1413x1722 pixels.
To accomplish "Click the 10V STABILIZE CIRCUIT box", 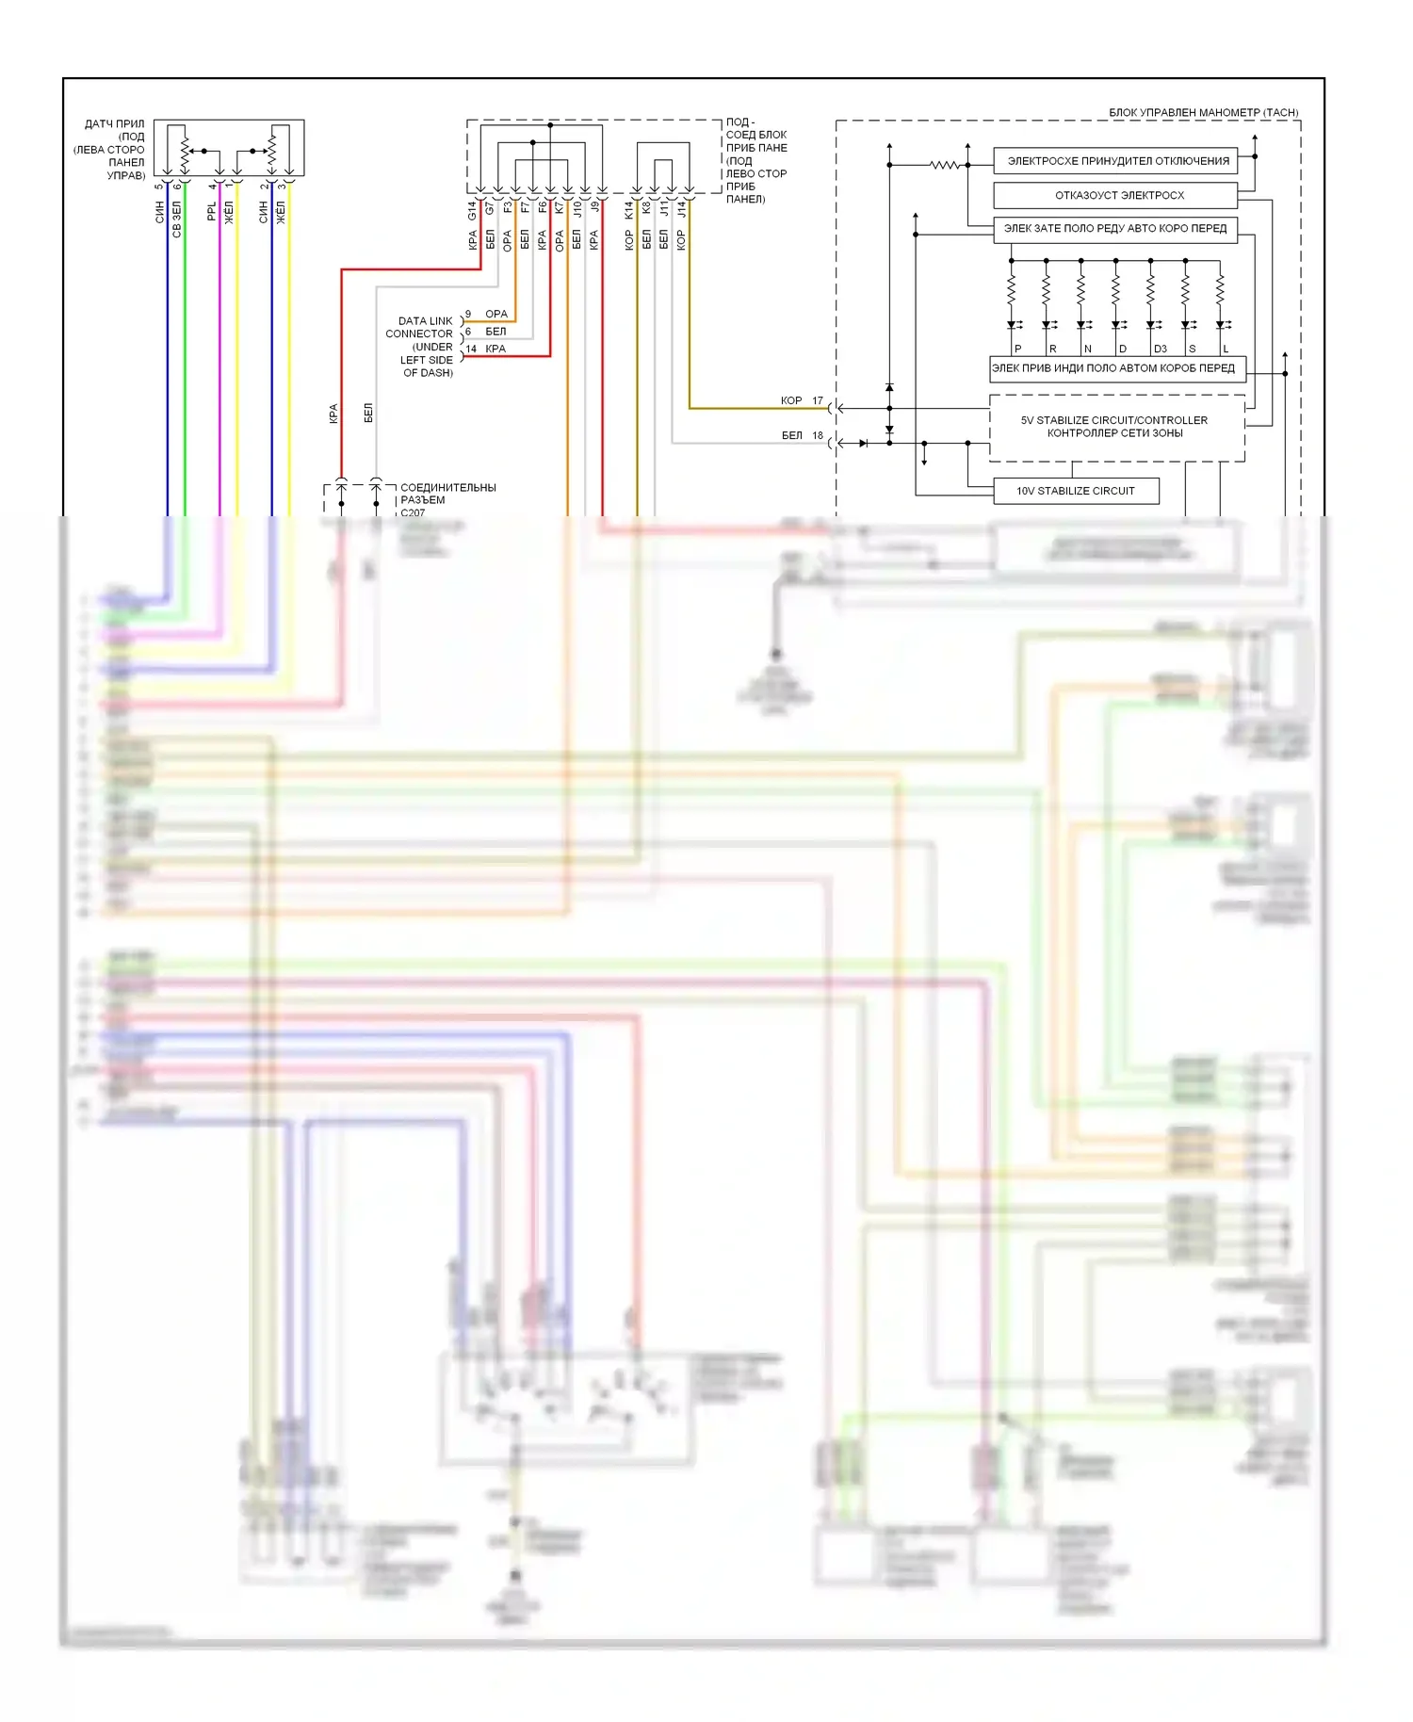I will coord(1075,491).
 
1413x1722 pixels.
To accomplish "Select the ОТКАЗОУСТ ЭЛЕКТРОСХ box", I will coord(1115,195).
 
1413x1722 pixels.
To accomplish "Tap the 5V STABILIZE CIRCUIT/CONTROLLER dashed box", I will coord(1115,427).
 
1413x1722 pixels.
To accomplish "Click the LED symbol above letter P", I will coord(1012,325).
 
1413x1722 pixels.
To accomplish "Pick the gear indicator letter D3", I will coord(1161,349).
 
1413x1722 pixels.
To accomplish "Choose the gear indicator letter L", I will coord(1226,349).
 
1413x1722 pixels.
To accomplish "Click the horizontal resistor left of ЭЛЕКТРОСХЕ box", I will coord(944,165).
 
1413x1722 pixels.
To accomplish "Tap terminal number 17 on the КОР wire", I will coord(818,400).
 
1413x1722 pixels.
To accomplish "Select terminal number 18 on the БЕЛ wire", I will coord(818,435).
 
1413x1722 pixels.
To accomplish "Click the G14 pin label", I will coord(473,210).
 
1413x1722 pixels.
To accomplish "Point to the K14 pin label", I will coord(629,210).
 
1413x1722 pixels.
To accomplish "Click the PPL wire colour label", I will coord(212,211).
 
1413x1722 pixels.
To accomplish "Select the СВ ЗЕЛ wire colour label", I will coord(177,219).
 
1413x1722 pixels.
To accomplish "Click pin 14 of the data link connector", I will coord(471,349).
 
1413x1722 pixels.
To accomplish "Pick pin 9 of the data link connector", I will coord(468,314).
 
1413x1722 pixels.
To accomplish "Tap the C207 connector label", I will coord(413,513).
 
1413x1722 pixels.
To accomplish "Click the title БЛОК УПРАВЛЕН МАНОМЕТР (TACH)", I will coord(1203,112).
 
